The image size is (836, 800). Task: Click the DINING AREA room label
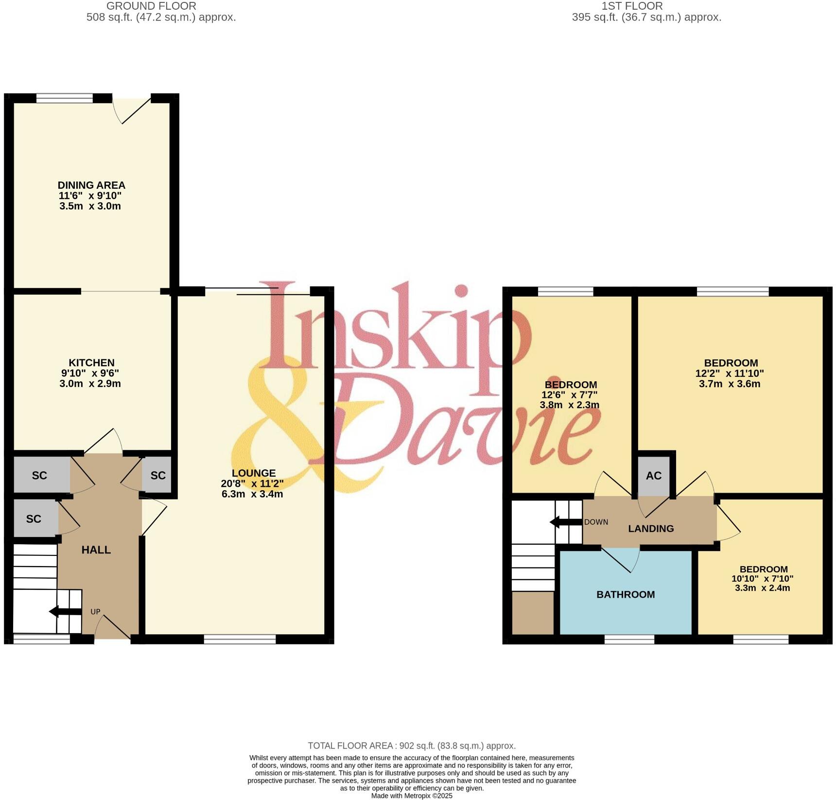click(91, 185)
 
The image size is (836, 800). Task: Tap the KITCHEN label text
click(91, 363)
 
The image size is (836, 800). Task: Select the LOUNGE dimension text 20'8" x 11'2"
click(252, 483)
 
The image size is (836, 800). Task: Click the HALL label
click(96, 550)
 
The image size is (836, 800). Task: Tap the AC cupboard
click(654, 476)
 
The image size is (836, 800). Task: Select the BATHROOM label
click(626, 594)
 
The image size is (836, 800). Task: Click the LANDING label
click(651, 529)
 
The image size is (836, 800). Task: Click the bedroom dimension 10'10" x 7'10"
click(762, 579)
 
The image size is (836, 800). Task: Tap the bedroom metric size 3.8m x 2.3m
click(569, 405)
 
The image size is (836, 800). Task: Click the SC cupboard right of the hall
click(157, 476)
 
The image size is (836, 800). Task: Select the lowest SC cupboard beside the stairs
click(34, 519)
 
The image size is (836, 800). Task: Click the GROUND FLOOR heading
click(151, 6)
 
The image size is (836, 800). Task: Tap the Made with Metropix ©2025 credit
click(412, 796)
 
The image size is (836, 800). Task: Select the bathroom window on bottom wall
click(629, 640)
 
